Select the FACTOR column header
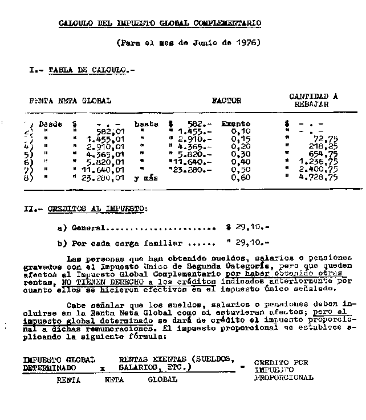[x=226, y=101]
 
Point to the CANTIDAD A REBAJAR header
[x=314, y=101]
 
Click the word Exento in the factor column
[x=235, y=123]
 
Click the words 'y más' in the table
[x=146, y=178]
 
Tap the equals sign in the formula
[x=243, y=366]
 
